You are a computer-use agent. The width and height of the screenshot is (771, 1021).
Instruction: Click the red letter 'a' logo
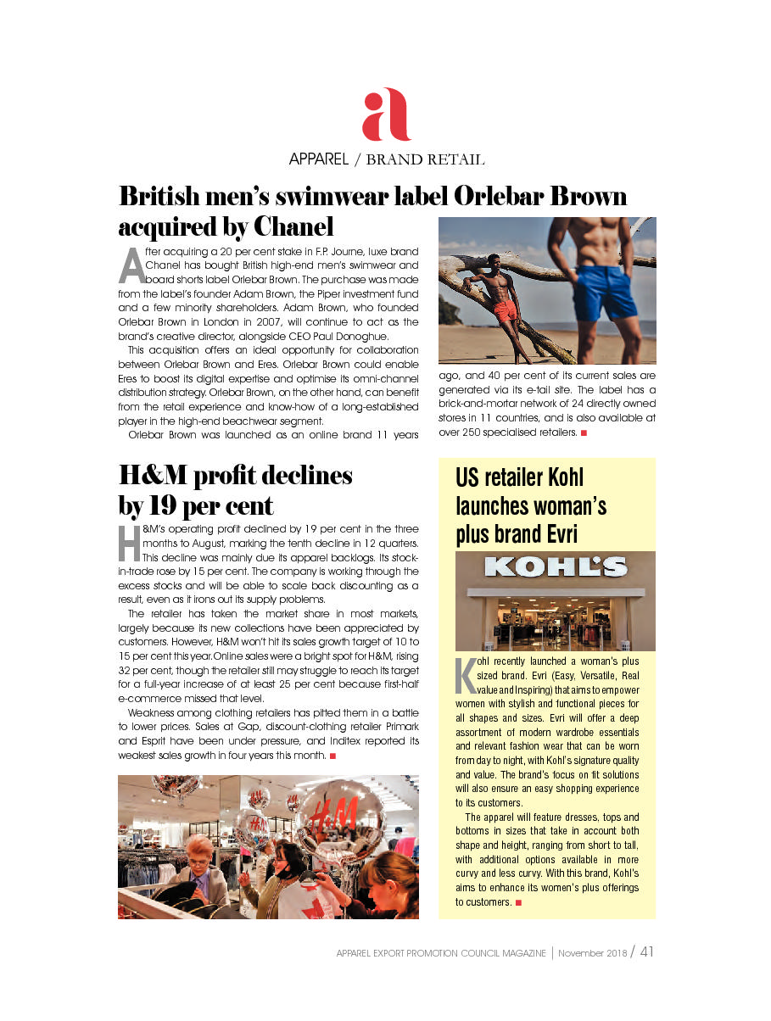(x=386, y=116)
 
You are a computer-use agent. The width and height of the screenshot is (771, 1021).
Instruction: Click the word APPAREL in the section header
(x=319, y=159)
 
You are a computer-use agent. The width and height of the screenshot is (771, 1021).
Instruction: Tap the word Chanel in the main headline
(x=293, y=227)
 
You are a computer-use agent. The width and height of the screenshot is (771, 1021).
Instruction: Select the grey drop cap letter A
(x=131, y=266)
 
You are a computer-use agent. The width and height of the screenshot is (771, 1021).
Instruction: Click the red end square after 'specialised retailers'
(x=584, y=433)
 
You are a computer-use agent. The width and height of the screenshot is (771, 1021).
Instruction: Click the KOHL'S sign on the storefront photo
(x=556, y=566)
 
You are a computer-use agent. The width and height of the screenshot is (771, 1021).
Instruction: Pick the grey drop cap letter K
(x=466, y=673)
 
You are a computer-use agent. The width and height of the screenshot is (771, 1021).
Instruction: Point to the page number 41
(x=646, y=951)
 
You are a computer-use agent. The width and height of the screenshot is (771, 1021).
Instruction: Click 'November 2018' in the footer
(x=592, y=953)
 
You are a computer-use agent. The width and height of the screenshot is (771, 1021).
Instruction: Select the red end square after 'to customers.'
(x=518, y=902)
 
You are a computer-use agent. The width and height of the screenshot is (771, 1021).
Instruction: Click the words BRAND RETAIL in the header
(x=425, y=159)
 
